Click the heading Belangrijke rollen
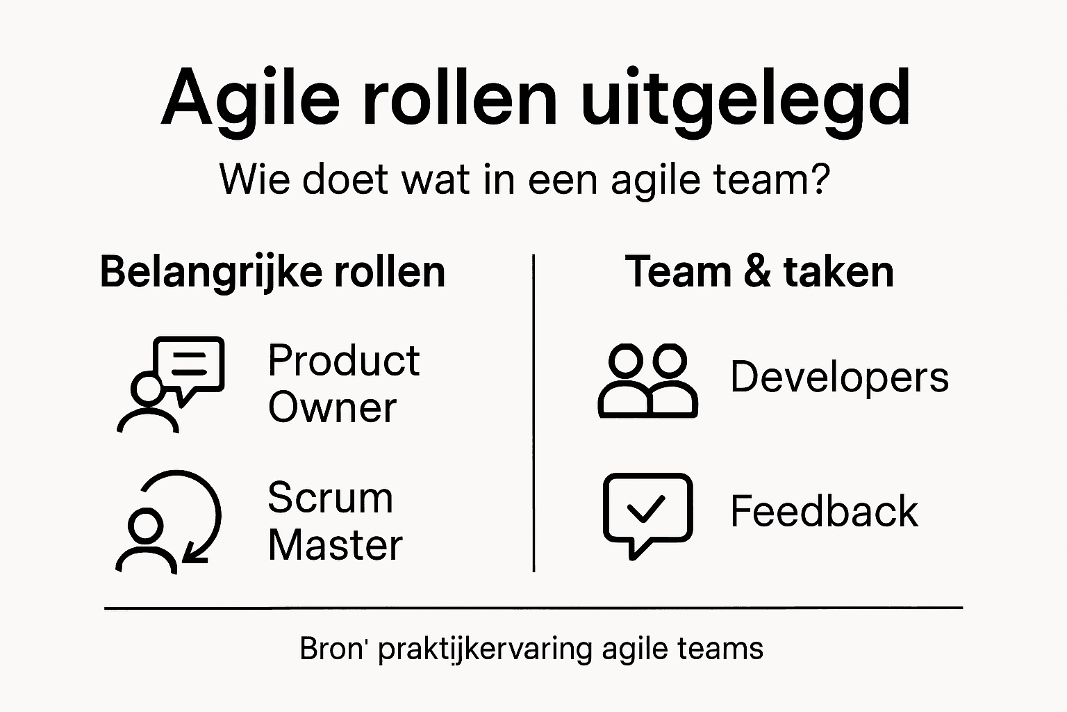click(x=272, y=272)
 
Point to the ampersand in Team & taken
click(x=758, y=272)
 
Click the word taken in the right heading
click(x=838, y=272)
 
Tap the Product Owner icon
click(x=171, y=383)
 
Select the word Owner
click(x=332, y=407)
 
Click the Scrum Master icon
click(x=168, y=521)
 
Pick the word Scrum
click(x=330, y=498)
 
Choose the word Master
click(x=335, y=545)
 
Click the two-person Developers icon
click(x=647, y=380)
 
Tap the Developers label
click(x=839, y=378)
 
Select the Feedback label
click(x=824, y=512)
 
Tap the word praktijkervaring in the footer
click(x=486, y=649)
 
